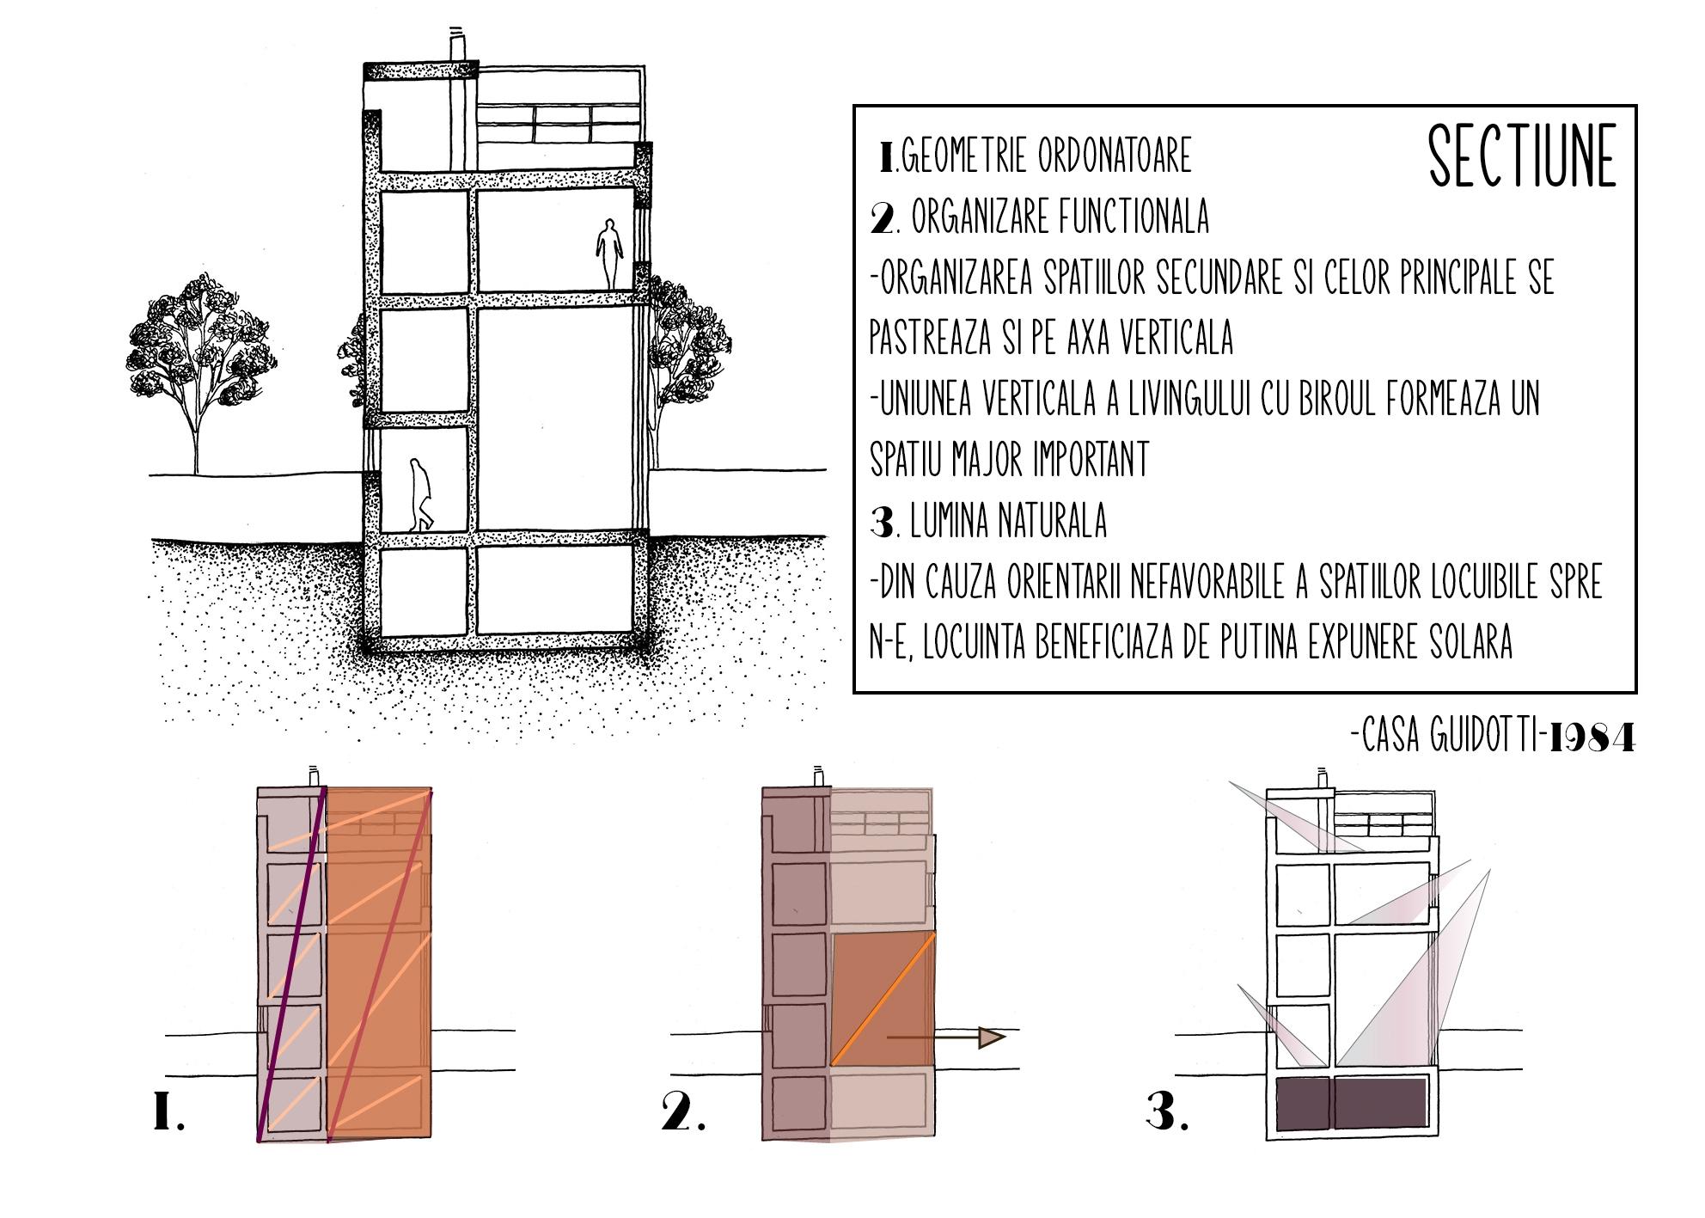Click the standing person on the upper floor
click(x=610, y=254)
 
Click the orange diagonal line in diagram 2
click(x=883, y=1001)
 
